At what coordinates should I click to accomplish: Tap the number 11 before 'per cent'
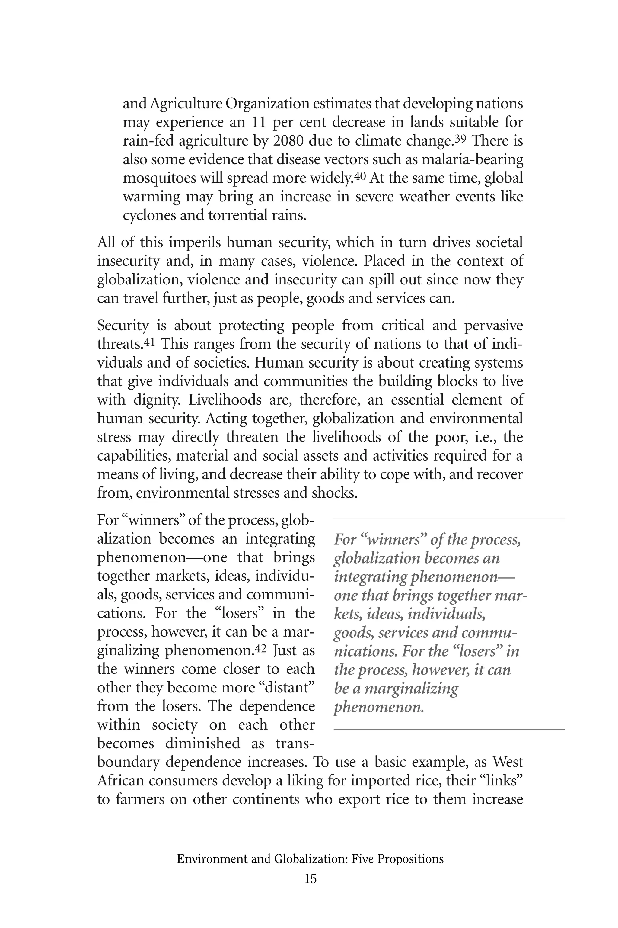coord(259,122)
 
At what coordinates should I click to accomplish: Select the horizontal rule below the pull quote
coord(449,730)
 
